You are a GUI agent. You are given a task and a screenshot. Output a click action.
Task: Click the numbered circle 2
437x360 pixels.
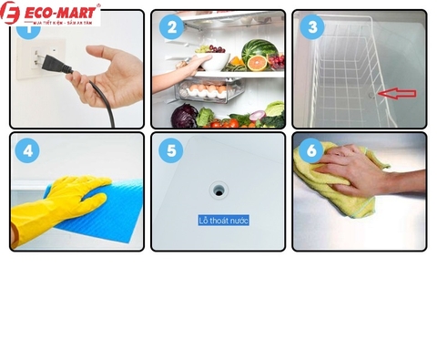tap(170, 27)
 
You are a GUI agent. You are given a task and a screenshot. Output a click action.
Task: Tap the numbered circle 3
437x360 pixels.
tap(312, 27)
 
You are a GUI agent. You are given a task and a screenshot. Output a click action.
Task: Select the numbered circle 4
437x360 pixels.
tap(29, 149)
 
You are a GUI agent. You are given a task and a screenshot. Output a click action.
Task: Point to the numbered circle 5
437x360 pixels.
tap(170, 149)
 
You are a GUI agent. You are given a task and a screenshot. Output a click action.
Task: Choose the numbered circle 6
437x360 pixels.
tap(312, 149)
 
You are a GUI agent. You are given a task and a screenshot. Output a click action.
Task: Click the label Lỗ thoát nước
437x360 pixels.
tap(223, 221)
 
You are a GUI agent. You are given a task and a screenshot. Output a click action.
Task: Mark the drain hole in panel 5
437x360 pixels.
tap(219, 188)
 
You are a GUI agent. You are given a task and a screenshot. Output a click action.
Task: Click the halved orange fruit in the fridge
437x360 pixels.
tap(258, 63)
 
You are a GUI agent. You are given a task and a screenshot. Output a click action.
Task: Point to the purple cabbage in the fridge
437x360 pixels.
tap(186, 115)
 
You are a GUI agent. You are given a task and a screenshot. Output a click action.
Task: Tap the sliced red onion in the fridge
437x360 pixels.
tap(259, 115)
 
